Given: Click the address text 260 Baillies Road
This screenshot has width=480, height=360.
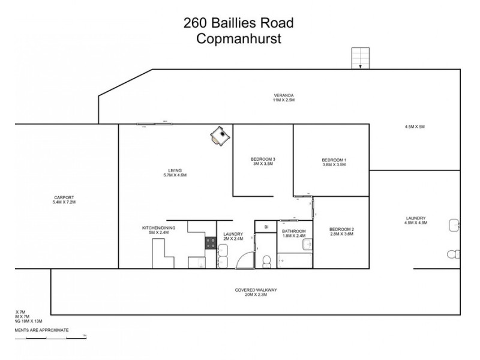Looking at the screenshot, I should click(x=239, y=23).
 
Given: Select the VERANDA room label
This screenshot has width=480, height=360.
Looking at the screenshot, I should click(x=284, y=95).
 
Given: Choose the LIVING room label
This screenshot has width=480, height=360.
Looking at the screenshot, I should click(x=175, y=170).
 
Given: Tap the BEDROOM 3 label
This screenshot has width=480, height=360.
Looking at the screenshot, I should click(x=263, y=159).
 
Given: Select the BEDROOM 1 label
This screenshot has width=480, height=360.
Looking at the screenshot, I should click(x=334, y=160).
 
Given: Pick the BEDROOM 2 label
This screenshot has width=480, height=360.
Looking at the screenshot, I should click(x=341, y=229).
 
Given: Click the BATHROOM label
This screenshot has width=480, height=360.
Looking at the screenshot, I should click(x=294, y=231).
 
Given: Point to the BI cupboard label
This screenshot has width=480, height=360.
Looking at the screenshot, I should click(x=265, y=227).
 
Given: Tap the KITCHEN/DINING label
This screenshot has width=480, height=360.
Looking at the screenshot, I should click(x=158, y=228).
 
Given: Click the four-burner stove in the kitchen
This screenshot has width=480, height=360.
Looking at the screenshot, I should click(x=211, y=242).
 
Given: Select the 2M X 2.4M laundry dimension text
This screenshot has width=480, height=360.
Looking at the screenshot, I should click(x=232, y=238).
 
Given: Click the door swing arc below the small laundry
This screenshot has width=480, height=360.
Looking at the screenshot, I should click(x=245, y=260).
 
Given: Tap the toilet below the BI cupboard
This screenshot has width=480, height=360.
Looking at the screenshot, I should click(x=266, y=260).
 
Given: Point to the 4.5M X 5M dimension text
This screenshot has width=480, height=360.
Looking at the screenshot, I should click(x=415, y=127).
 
